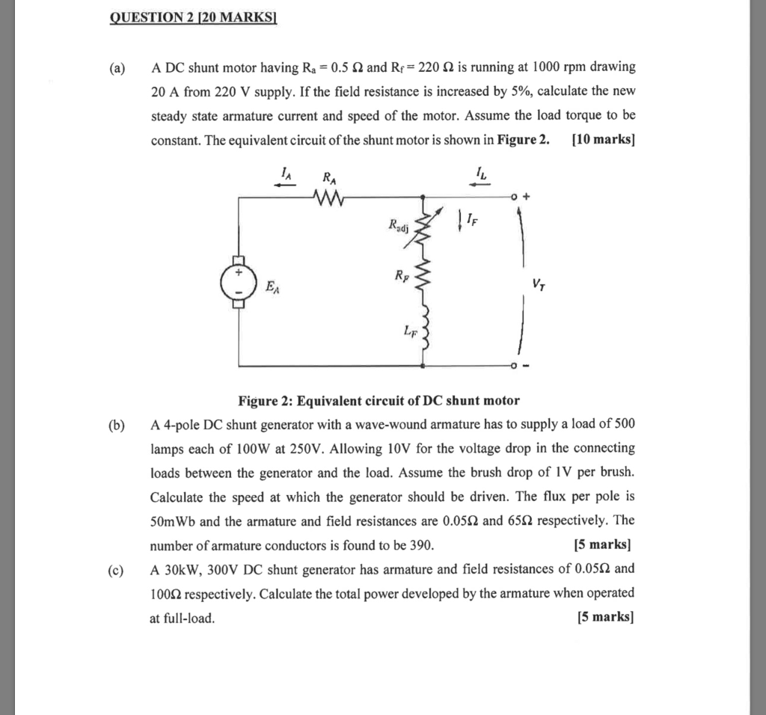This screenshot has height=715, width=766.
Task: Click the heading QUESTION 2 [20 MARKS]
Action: pyautogui.click(x=193, y=18)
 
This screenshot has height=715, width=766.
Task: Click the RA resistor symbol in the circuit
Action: pyautogui.click(x=328, y=197)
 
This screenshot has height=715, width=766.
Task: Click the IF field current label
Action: pyautogui.click(x=468, y=220)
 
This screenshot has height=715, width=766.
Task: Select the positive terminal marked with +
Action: pyautogui.click(x=527, y=197)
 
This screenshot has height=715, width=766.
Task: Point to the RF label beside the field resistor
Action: pyautogui.click(x=403, y=275)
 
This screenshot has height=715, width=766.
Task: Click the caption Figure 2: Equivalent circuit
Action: pyautogui.click(x=379, y=400)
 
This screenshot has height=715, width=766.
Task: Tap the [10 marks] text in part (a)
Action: pyautogui.click(x=602, y=139)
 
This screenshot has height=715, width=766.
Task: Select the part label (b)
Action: pyautogui.click(x=116, y=426)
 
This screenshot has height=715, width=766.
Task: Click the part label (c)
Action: pyautogui.click(x=115, y=569)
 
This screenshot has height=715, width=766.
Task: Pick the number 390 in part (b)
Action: pyautogui.click(x=420, y=544)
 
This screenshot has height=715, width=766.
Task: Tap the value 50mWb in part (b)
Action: pyautogui.click(x=173, y=521)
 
